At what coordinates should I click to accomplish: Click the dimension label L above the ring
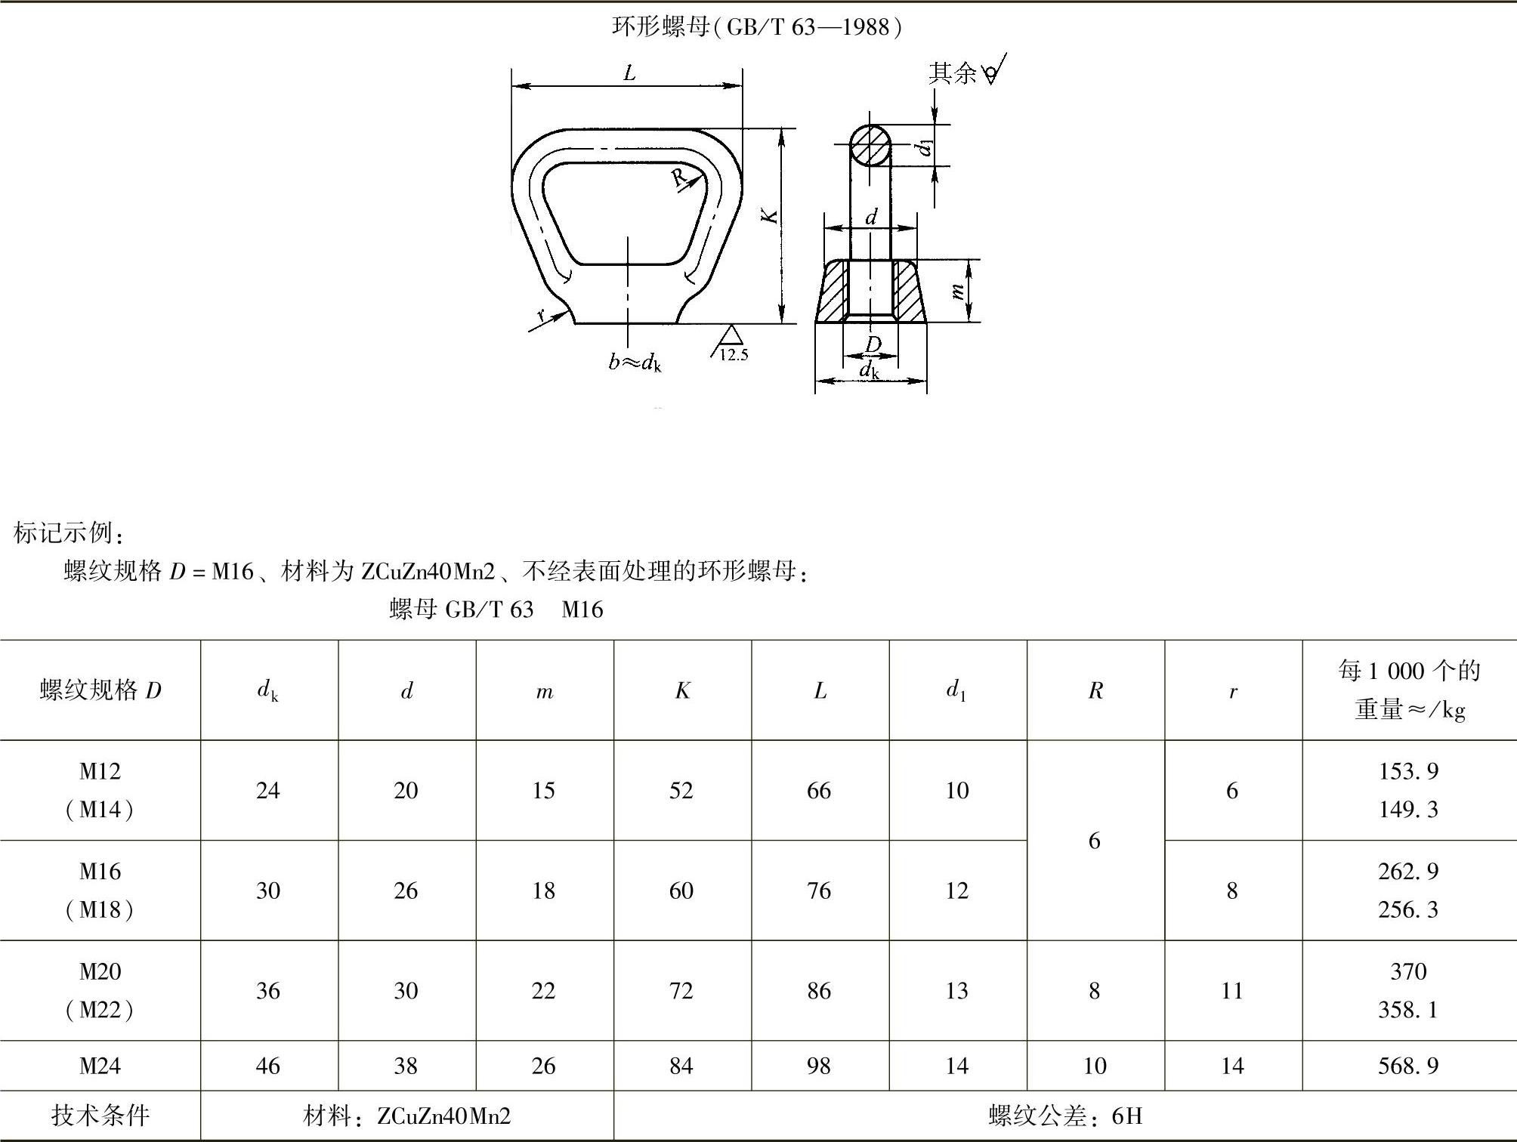pyautogui.click(x=629, y=73)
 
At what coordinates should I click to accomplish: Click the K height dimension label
pyautogui.click(x=770, y=216)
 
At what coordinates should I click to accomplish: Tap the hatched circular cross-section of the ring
pyautogui.click(x=870, y=146)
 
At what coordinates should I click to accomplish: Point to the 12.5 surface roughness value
pyautogui.click(x=733, y=355)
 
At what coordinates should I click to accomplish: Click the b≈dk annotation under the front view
pyautogui.click(x=635, y=363)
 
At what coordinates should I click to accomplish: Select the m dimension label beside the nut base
pyautogui.click(x=957, y=291)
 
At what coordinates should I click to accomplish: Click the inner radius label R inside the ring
pyautogui.click(x=679, y=177)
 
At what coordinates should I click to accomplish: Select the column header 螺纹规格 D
pyautogui.click(x=100, y=690)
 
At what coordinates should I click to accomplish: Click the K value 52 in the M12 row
pyautogui.click(x=681, y=790)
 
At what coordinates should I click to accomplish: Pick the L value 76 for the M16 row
pyautogui.click(x=819, y=890)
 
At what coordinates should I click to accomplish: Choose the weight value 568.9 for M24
pyautogui.click(x=1408, y=1066)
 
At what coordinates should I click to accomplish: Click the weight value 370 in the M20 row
pyautogui.click(x=1408, y=971)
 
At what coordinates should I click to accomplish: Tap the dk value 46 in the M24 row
pyautogui.click(x=268, y=1066)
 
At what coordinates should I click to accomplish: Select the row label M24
pyautogui.click(x=100, y=1066)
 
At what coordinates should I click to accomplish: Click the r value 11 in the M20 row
pyautogui.click(x=1232, y=990)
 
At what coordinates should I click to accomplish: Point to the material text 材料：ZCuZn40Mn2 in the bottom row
pyautogui.click(x=407, y=1116)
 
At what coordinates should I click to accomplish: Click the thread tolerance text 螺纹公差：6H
pyautogui.click(x=1065, y=1116)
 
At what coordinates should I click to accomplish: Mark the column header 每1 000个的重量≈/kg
pyautogui.click(x=1409, y=690)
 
